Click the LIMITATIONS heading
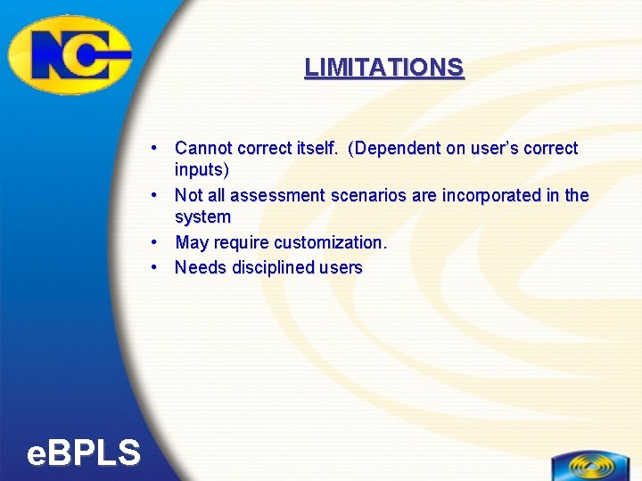pos(383,68)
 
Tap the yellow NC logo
pos(70,55)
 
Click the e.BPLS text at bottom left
pos(84,454)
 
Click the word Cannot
pos(203,148)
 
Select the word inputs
pos(200,169)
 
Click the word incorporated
pos(489,195)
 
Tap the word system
pos(202,217)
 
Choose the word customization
pos(331,242)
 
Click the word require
pos(240,242)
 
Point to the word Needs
pos(200,267)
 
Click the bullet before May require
pos(155,242)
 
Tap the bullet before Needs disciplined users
pos(155,267)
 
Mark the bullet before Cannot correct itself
pos(155,148)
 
